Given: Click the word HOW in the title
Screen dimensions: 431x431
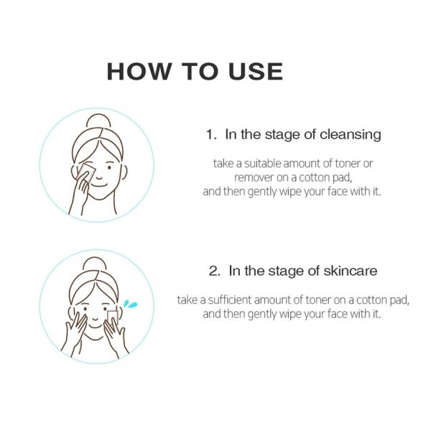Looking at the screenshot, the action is click(x=138, y=71).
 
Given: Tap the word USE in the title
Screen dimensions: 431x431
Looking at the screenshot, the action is click(x=256, y=71).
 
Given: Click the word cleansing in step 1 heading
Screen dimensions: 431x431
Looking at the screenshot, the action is click(x=351, y=135).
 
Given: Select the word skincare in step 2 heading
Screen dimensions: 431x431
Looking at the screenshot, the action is click(x=351, y=271).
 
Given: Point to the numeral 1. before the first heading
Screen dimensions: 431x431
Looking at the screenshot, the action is click(x=211, y=135).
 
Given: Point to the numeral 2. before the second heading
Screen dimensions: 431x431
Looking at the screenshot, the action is click(x=214, y=272).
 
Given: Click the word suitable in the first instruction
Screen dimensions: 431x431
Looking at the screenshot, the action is click(x=262, y=164).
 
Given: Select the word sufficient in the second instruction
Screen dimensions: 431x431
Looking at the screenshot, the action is click(x=230, y=300).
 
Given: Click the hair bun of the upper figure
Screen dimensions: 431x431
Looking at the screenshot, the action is click(x=98, y=121).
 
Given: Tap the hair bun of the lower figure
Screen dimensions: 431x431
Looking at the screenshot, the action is click(x=95, y=264).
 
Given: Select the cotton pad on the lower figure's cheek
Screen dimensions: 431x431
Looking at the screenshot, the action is click(x=113, y=318).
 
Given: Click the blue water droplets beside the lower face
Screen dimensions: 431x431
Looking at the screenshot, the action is click(x=130, y=304).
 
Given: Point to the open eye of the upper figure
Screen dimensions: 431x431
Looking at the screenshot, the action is click(x=110, y=167).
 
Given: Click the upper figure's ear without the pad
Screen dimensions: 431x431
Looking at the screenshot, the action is click(x=124, y=172).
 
